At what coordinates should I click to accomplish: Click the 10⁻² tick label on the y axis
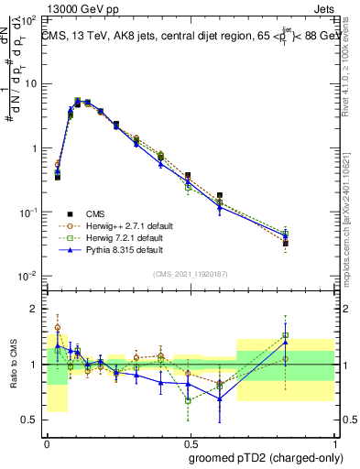27,276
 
